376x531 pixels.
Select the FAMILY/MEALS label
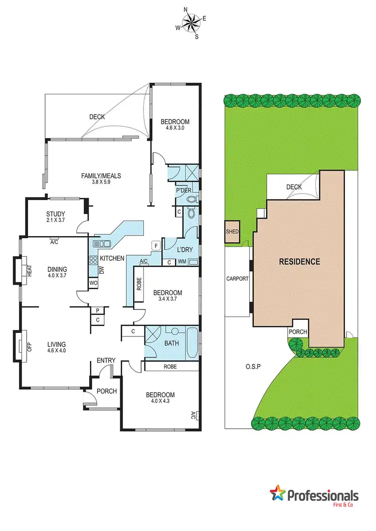pos(101,175)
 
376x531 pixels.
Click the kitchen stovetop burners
pos(92,260)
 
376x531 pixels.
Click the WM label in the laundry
pos(181,262)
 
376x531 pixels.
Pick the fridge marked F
pos(156,246)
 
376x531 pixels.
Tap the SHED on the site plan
pos(233,232)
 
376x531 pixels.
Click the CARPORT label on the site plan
pos(237,279)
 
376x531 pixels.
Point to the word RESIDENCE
pos(299,261)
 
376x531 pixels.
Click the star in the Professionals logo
pos(277,494)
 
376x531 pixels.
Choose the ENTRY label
pos(106,360)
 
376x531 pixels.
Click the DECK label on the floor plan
pos(97,117)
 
